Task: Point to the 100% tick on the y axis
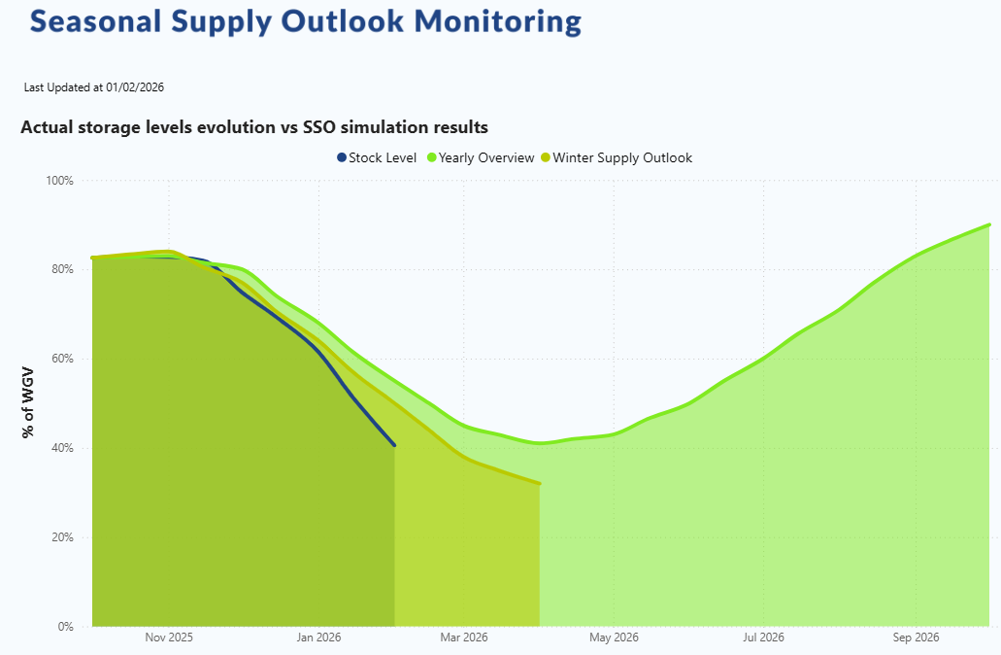pos(60,181)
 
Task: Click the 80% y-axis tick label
pos(63,269)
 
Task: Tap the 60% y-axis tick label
pos(63,359)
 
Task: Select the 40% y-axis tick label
pos(63,448)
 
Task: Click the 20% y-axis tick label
pos(63,537)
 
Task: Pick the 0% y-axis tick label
pos(66,627)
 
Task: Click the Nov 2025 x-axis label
pos(169,638)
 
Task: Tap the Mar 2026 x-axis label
pos(463,638)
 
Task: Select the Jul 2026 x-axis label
pos(763,638)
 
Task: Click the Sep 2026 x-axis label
pos(914,638)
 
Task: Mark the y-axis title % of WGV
pos(29,403)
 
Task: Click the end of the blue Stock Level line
pos(394,445)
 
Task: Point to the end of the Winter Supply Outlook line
pos(539,483)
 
